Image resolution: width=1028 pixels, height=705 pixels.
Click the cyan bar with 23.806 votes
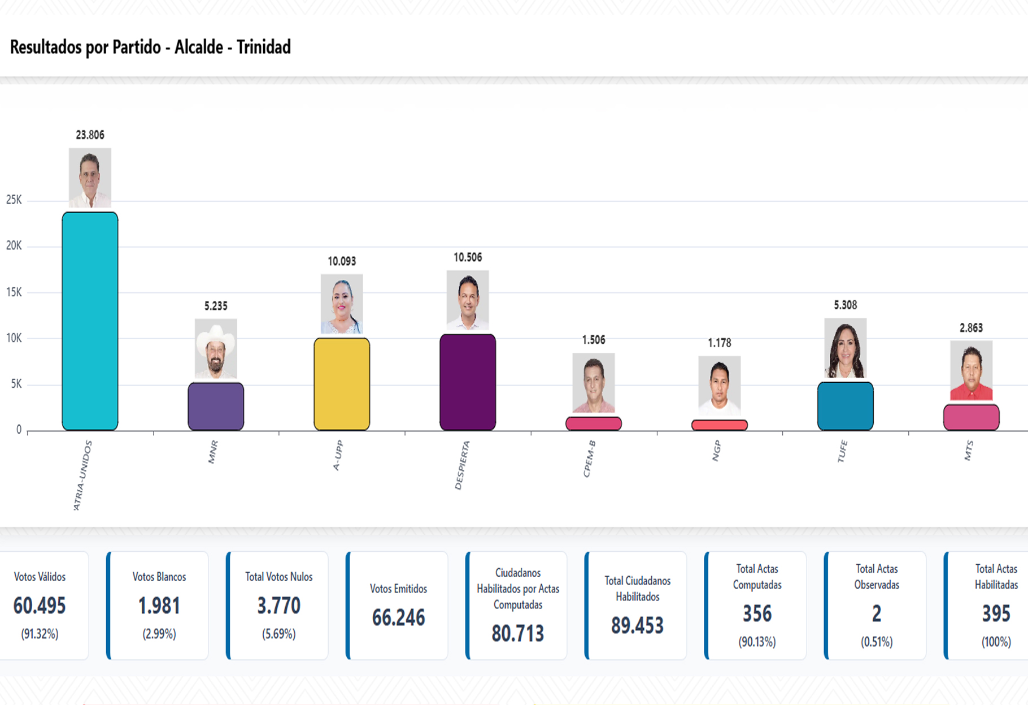(90, 321)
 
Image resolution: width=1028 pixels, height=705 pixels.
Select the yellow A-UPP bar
(342, 384)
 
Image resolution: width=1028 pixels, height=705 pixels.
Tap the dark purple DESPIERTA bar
(468, 382)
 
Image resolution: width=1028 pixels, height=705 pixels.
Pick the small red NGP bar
(719, 425)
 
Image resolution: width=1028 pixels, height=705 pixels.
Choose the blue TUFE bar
(845, 406)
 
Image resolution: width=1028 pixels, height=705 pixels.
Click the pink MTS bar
(971, 417)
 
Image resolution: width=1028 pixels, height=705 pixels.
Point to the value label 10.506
(468, 258)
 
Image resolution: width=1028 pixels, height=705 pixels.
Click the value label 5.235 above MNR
(216, 306)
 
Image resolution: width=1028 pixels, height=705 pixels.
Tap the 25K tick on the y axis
(14, 200)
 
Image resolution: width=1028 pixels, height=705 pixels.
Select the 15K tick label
(14, 292)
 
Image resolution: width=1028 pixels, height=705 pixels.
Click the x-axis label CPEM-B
(589, 459)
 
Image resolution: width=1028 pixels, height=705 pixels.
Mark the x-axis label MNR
(213, 452)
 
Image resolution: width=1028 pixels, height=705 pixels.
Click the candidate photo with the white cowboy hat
(216, 349)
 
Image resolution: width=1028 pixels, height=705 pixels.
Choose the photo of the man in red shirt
(971, 370)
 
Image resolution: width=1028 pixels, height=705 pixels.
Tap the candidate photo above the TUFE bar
(845, 348)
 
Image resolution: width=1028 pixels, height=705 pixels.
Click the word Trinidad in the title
(263, 47)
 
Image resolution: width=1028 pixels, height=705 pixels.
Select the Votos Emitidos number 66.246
(398, 618)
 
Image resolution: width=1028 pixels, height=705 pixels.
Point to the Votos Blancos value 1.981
(159, 606)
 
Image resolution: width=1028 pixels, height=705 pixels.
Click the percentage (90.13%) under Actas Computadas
(757, 642)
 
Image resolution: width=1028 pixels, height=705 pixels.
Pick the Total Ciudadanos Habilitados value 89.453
(637, 626)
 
